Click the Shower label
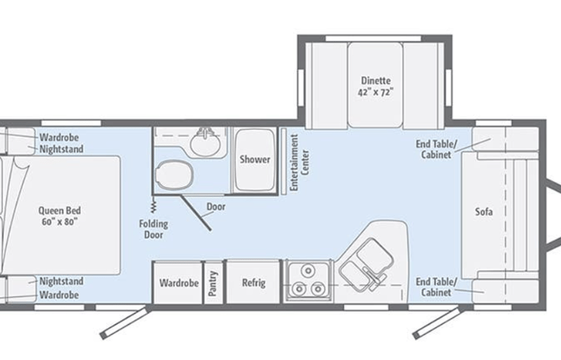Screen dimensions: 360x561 tap(254, 160)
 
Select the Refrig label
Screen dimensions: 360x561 tap(254, 282)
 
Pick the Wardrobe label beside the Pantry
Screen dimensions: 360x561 tap(179, 282)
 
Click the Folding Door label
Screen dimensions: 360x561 tap(154, 229)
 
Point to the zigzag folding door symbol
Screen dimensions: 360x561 tap(154, 205)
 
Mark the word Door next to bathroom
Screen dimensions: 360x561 tap(216, 206)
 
